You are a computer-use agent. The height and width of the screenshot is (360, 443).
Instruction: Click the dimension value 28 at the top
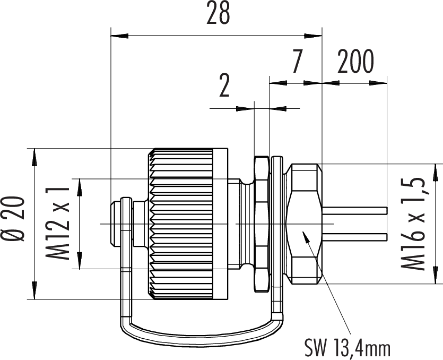(218, 14)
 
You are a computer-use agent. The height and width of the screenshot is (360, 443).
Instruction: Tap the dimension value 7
(297, 63)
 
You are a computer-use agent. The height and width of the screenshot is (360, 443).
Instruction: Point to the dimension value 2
(224, 87)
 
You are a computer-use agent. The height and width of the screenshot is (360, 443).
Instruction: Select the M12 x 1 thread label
(59, 224)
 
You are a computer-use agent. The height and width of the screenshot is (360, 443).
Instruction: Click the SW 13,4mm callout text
(348, 348)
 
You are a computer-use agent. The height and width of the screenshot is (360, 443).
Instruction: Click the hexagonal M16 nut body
(303, 223)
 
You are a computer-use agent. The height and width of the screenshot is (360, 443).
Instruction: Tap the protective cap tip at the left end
(113, 224)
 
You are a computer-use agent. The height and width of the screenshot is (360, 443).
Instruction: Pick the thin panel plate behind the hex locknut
(276, 224)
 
